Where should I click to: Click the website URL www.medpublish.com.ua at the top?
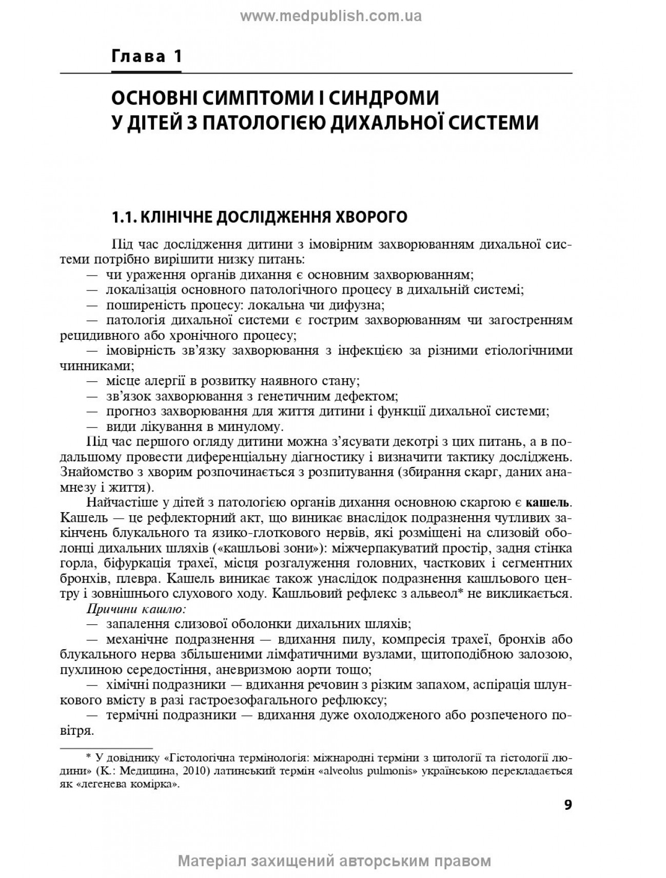click(331, 16)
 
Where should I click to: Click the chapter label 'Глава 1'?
click(147, 56)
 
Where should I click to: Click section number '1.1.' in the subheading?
click(124, 217)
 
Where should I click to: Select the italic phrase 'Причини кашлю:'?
click(136, 609)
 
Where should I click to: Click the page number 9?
click(567, 804)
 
